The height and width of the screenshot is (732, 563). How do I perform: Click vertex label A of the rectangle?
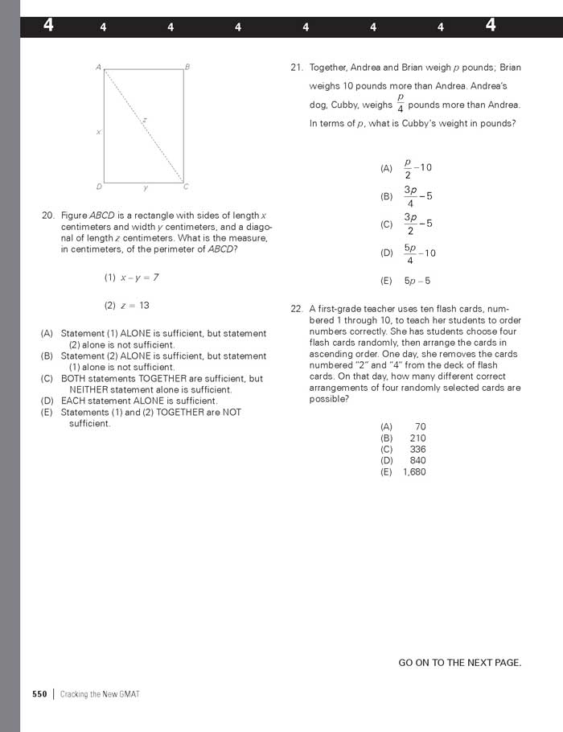[x=98, y=68]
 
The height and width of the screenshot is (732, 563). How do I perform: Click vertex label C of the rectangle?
[x=186, y=187]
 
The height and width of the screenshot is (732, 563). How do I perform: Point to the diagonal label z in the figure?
[x=145, y=120]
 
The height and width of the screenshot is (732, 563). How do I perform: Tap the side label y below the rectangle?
[x=146, y=188]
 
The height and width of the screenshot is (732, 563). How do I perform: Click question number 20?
[x=47, y=216]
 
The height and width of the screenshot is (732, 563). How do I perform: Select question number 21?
[x=296, y=68]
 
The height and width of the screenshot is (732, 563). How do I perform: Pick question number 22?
[x=296, y=309]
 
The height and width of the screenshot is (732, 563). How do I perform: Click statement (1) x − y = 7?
[x=131, y=278]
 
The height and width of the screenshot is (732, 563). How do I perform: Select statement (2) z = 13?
[x=127, y=306]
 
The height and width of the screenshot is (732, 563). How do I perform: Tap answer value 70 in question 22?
[x=420, y=427]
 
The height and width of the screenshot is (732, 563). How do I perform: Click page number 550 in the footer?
[x=39, y=694]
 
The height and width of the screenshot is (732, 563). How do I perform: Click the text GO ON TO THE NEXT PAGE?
[x=460, y=663]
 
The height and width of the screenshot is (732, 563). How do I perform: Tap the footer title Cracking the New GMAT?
[x=100, y=694]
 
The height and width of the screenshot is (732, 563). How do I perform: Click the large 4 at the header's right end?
[x=491, y=26]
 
